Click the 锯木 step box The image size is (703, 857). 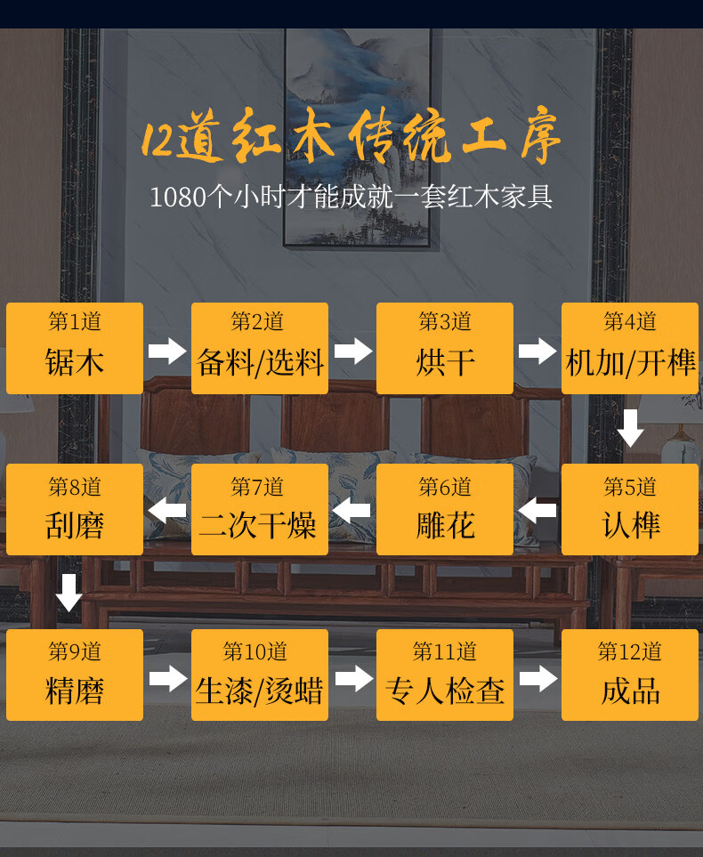pos(75,348)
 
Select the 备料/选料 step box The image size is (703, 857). pos(260,348)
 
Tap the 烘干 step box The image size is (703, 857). pos(445,348)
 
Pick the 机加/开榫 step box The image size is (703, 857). pos(630,348)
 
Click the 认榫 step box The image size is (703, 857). pos(630,510)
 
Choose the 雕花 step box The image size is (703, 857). pos(445,510)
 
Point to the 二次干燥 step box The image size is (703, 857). pos(260,510)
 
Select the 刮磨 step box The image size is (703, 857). pos(75,510)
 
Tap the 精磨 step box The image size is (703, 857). pos(75,675)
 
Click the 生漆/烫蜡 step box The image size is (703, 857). pos(260,675)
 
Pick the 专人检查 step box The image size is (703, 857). pos(445,675)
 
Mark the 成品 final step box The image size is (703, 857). pos(630,675)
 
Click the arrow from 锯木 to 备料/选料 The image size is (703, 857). pos(167,351)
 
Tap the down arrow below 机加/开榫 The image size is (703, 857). pos(631,428)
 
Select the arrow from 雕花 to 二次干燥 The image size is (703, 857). pos(352,511)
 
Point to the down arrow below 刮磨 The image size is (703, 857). pos(69,593)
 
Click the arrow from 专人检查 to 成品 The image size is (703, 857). pos(537,679)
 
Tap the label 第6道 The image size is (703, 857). pos(445,487)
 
